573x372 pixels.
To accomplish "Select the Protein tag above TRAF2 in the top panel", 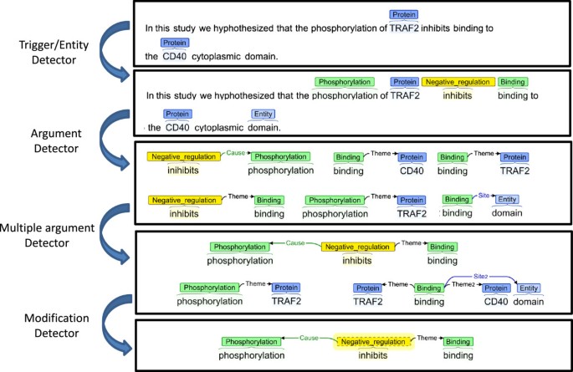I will point(404,14).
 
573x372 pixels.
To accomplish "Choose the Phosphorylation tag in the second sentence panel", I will point(345,82).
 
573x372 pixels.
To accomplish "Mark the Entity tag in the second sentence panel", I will point(264,114).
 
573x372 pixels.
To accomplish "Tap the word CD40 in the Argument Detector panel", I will point(412,171).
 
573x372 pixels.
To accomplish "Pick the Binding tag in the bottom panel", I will point(458,341).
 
